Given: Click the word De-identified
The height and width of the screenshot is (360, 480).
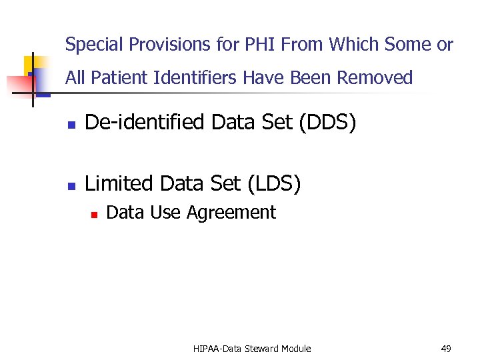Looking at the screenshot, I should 145,123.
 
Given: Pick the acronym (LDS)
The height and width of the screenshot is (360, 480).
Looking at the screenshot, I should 273,183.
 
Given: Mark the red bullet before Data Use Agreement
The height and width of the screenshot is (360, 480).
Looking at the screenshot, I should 95,215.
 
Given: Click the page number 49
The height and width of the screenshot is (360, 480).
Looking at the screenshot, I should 446,349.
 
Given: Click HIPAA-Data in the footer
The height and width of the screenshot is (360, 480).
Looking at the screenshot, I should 218,349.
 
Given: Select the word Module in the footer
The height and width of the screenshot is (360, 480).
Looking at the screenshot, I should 297,349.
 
